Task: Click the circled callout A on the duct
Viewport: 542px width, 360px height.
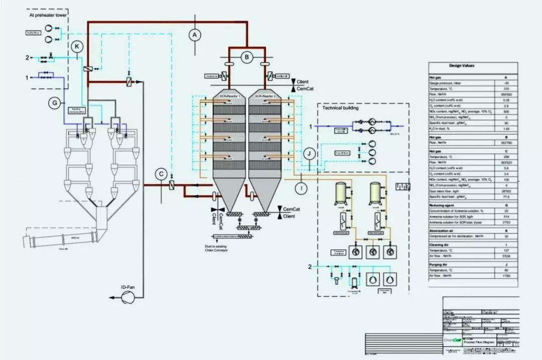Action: pyautogui.click(x=195, y=35)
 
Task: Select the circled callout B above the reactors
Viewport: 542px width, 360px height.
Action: pyautogui.click(x=246, y=57)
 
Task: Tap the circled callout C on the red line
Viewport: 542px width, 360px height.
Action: pyautogui.click(x=161, y=174)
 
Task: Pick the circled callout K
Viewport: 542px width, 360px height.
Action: pyautogui.click(x=77, y=47)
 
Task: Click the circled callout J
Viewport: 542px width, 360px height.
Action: pyautogui.click(x=310, y=153)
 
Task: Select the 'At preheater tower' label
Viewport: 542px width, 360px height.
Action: pyautogui.click(x=47, y=15)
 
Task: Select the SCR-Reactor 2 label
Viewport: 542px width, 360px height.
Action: pyautogui.click(x=266, y=95)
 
